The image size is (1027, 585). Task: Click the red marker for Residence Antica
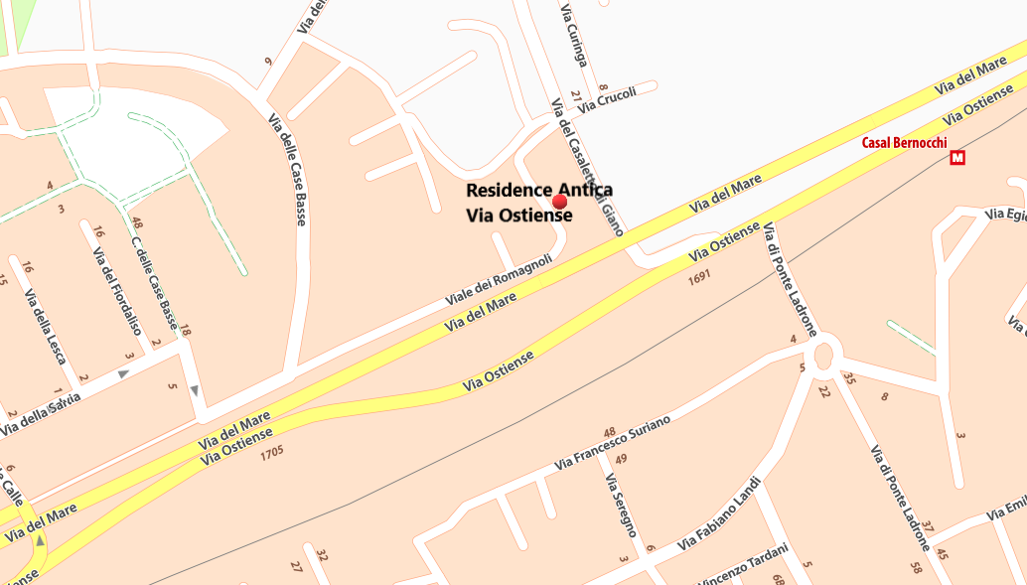click(559, 201)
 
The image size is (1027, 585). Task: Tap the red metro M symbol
click(957, 157)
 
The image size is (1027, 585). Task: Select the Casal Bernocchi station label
click(904, 142)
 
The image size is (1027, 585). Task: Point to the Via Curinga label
click(574, 36)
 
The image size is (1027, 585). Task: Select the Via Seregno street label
click(620, 505)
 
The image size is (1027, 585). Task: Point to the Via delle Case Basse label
click(287, 170)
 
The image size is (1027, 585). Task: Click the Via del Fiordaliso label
click(117, 290)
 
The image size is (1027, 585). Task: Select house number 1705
click(271, 454)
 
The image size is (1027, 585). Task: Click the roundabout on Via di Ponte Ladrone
click(822, 357)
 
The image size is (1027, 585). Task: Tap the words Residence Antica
click(538, 190)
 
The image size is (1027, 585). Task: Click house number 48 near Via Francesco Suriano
click(610, 432)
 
